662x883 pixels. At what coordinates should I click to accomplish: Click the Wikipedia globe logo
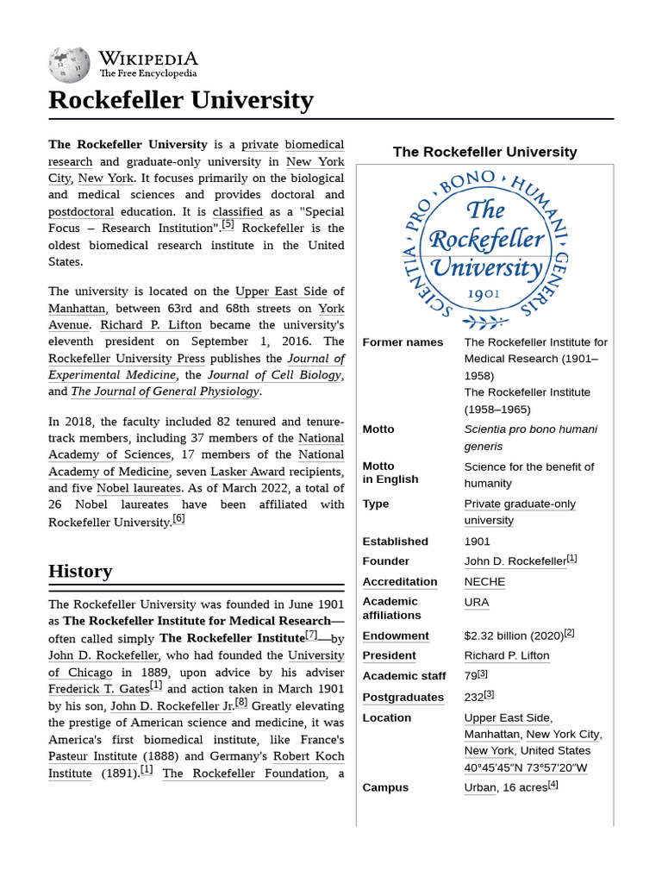[x=70, y=65]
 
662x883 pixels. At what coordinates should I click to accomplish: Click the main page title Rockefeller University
[x=180, y=100]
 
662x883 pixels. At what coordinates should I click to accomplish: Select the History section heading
[x=80, y=571]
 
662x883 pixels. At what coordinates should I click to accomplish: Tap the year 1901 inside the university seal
[x=484, y=293]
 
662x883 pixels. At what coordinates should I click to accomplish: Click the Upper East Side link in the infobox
[x=507, y=717]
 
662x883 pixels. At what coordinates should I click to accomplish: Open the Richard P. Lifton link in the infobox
[x=506, y=655]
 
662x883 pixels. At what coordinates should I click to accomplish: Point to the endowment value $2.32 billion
[x=513, y=636]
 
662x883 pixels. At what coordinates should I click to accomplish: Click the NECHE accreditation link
[x=484, y=581]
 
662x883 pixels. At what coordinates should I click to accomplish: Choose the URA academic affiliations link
[x=476, y=602]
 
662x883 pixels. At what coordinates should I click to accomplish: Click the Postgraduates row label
[x=403, y=697]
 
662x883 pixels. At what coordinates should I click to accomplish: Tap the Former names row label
[x=403, y=342]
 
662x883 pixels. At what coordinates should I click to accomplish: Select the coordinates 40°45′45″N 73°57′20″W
[x=526, y=767]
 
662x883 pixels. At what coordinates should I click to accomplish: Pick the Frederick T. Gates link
[x=98, y=689]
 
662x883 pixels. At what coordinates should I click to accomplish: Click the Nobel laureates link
[x=145, y=488]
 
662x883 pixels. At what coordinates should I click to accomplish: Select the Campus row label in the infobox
[x=385, y=787]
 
